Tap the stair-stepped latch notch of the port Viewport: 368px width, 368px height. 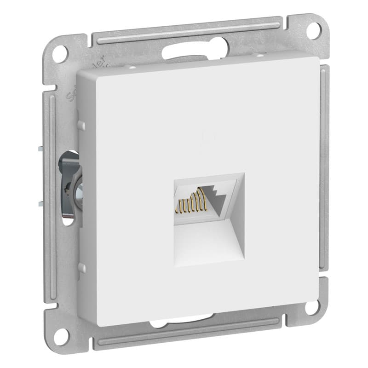click(216, 198)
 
